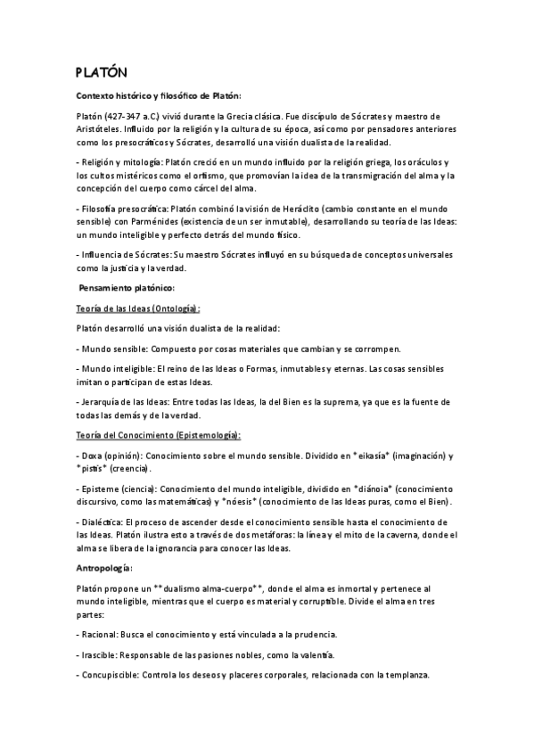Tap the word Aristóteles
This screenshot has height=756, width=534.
[101, 127]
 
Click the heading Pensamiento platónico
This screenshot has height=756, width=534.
[127, 287]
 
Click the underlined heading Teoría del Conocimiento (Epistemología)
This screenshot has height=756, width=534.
[159, 434]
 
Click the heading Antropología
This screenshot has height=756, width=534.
[104, 567]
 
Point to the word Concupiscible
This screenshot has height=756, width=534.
[109, 676]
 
